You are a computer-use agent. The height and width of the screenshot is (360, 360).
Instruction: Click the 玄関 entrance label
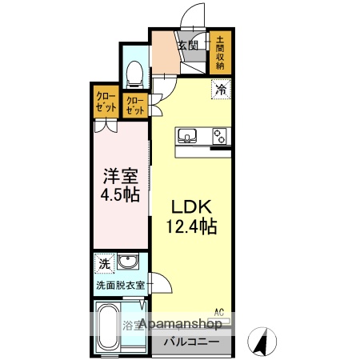tap(188, 45)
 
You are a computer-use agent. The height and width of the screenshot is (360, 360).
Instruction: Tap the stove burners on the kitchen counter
tap(219, 137)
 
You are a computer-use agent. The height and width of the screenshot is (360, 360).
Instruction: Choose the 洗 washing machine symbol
tap(105, 263)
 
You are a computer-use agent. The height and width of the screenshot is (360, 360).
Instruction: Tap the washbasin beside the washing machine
tap(127, 263)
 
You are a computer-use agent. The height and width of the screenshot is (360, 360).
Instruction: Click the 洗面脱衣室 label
tap(120, 285)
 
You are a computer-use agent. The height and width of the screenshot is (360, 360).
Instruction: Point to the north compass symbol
tap(261, 342)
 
